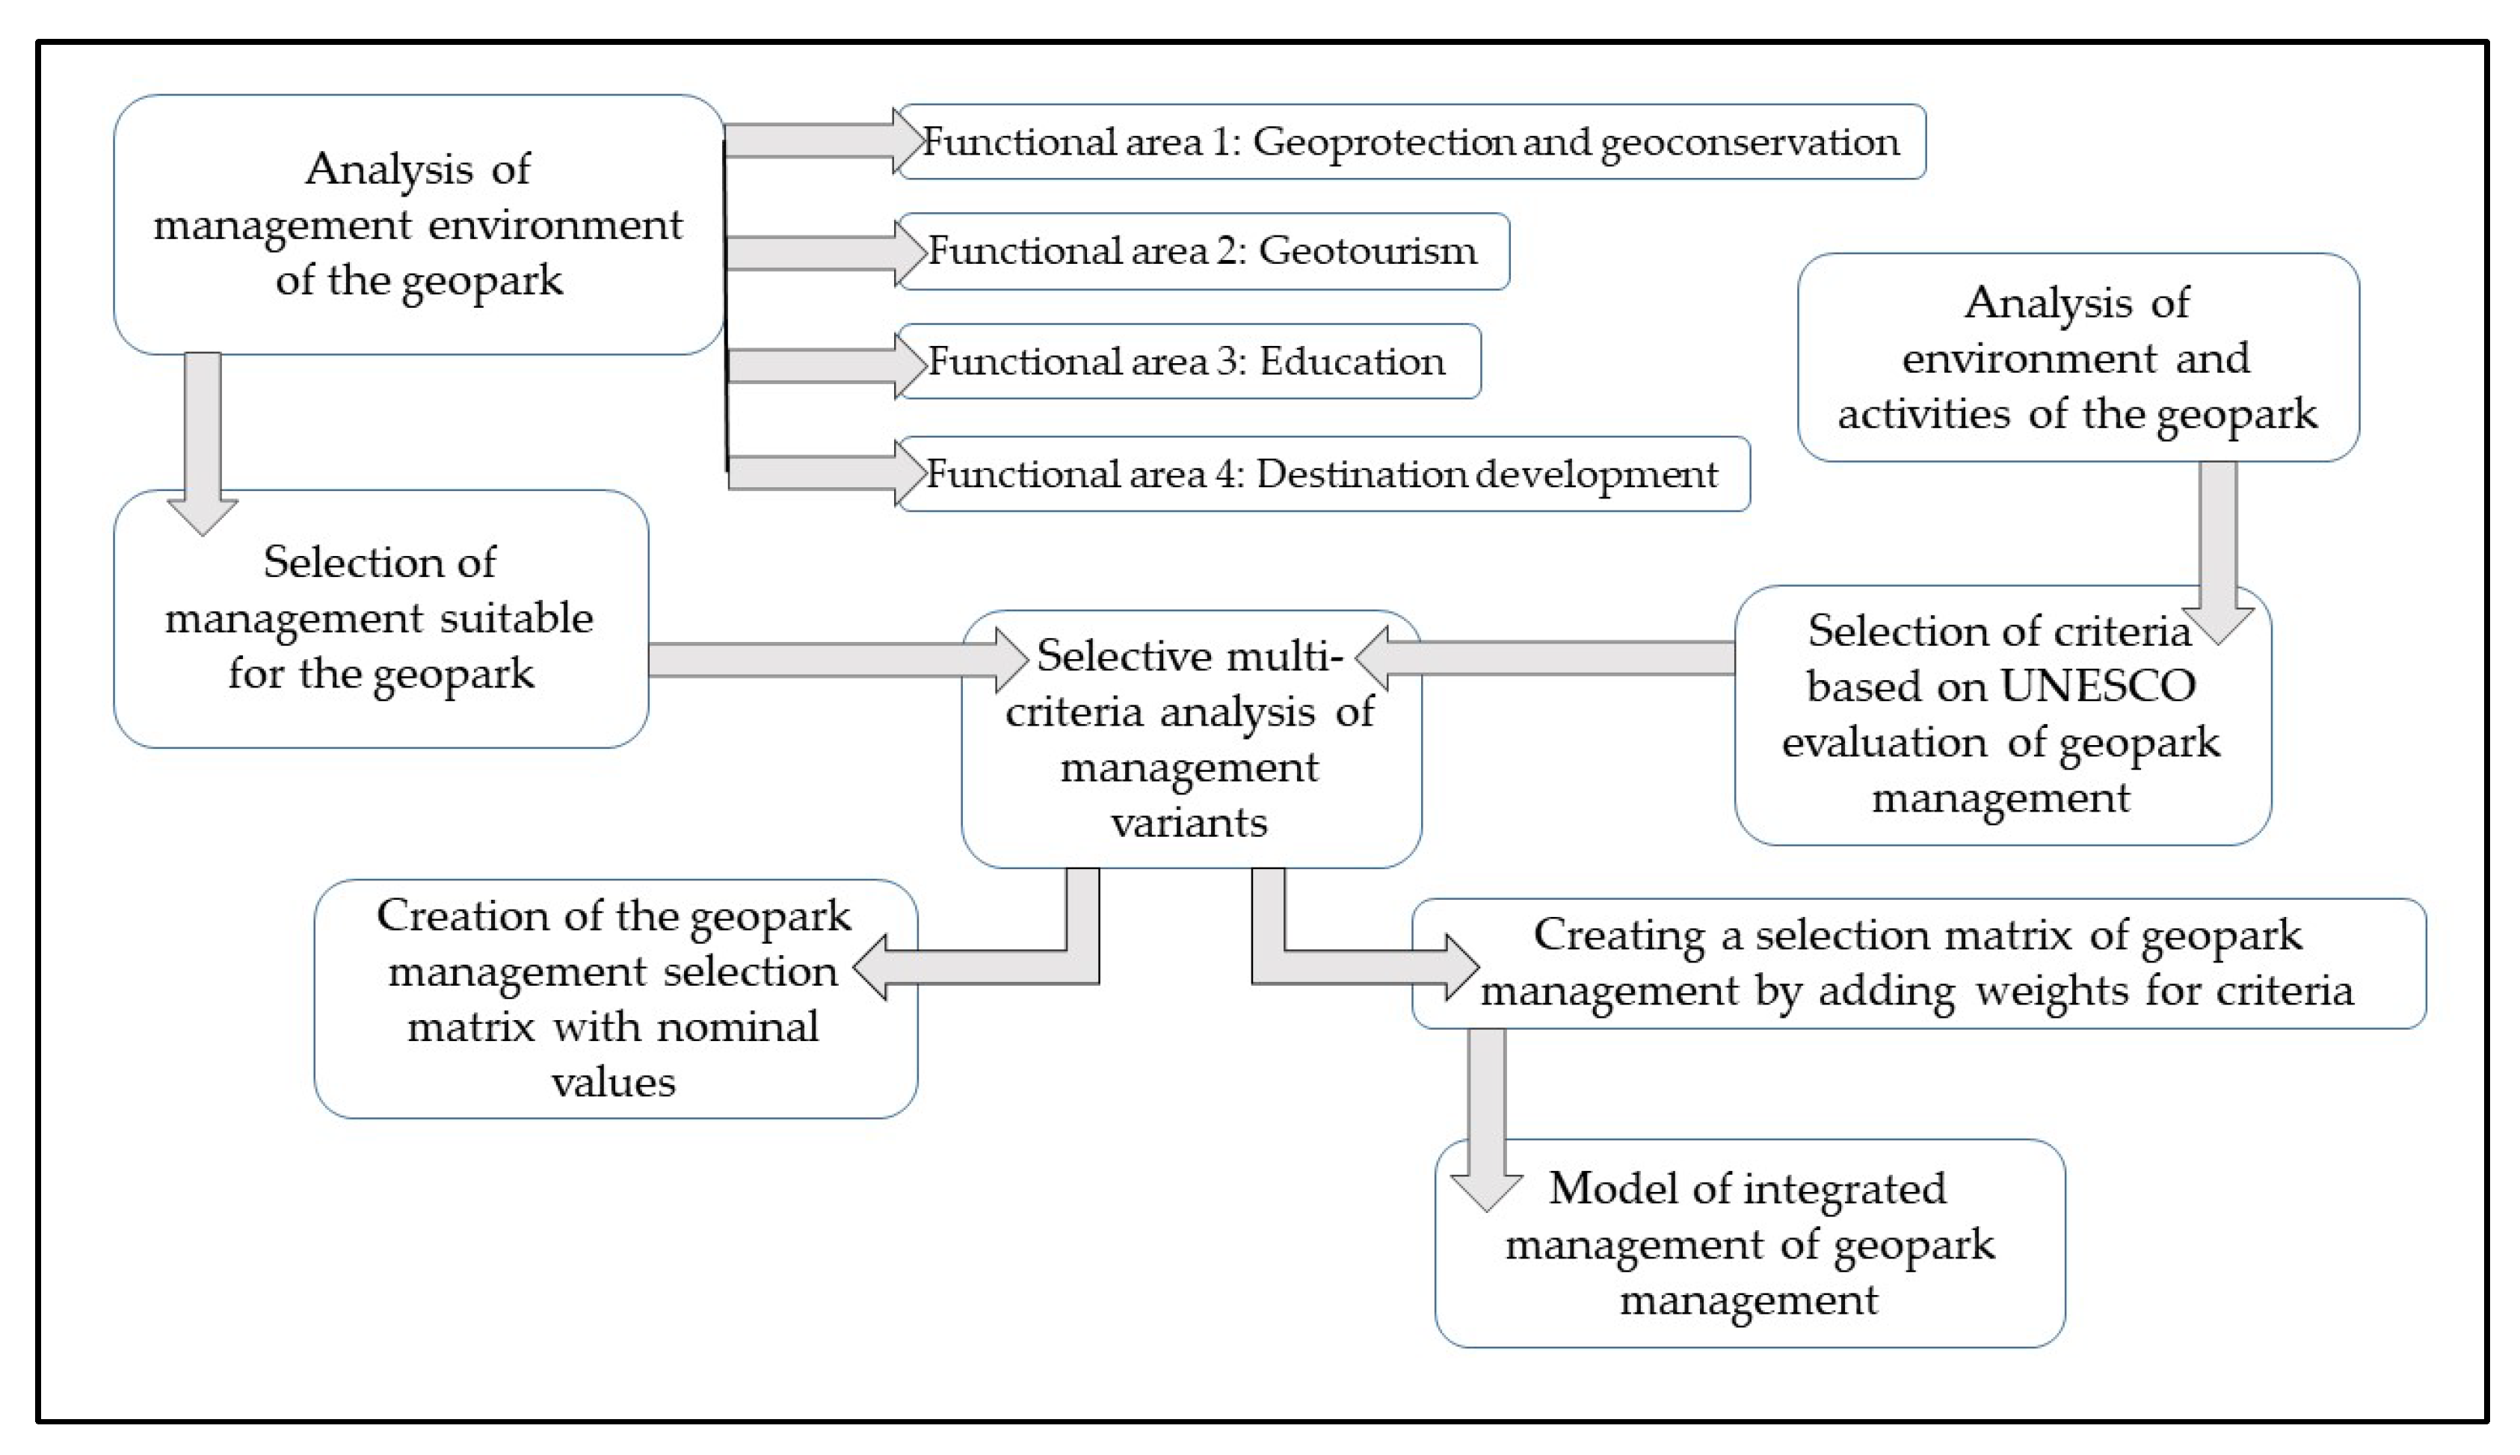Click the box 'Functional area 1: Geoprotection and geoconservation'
click(x=1409, y=142)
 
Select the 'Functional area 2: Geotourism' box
click(x=1203, y=251)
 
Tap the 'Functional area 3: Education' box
click(x=1186, y=362)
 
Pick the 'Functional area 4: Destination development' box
click(x=1322, y=474)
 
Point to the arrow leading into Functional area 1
click(x=815, y=142)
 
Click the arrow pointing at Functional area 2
click(x=815, y=252)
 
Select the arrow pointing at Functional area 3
click(x=815, y=365)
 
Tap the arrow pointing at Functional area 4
click(x=815, y=474)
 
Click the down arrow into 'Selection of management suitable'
click(x=203, y=439)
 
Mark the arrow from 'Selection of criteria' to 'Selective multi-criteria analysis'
click(x=1550, y=658)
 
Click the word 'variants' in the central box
click(x=1189, y=823)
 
